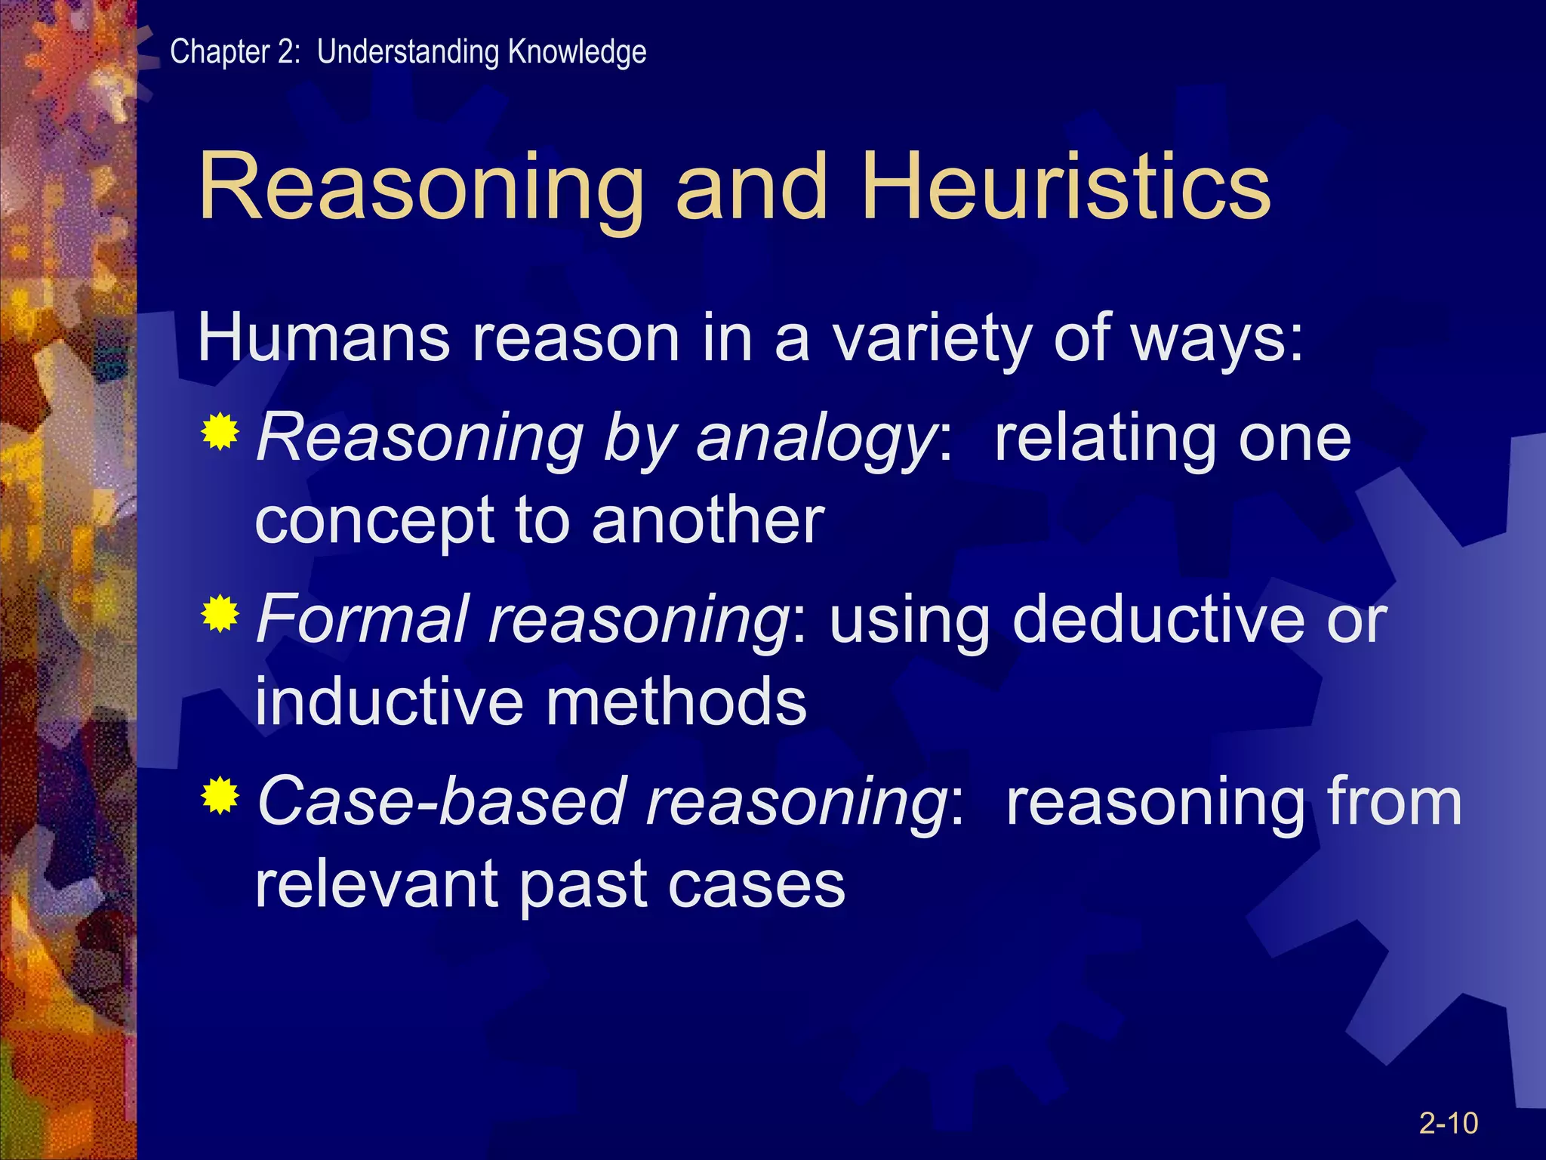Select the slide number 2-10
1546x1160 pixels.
tap(1448, 1123)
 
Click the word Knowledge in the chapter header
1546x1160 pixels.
tap(577, 52)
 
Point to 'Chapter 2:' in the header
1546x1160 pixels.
tap(235, 52)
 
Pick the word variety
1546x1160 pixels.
tap(932, 340)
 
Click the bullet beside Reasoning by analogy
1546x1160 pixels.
tap(220, 433)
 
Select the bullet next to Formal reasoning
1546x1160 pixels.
tap(220, 614)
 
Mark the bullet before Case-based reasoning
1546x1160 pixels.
tap(220, 795)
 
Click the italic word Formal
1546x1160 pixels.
tap(362, 619)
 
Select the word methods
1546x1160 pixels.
tap(676, 702)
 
